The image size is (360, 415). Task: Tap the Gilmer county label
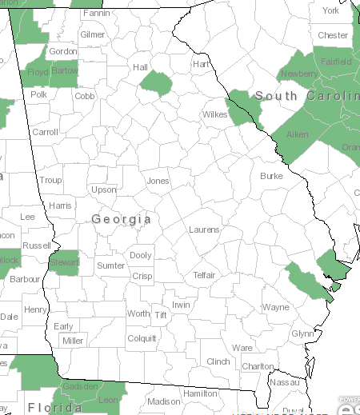point(93,35)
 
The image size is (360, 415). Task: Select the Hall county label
point(141,67)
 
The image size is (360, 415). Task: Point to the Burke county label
point(271,175)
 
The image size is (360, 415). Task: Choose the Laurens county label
point(204,229)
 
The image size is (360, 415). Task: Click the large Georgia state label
point(121,219)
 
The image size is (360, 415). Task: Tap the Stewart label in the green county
point(64,262)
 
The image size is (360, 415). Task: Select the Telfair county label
point(205,275)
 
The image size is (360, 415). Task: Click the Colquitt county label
point(142,338)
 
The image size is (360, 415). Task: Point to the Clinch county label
point(218,361)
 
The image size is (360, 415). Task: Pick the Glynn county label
point(302,333)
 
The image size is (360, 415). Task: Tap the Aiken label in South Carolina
point(297,135)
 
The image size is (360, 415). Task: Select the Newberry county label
point(299,74)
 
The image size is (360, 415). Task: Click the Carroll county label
point(45,132)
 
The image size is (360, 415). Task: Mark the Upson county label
point(103,190)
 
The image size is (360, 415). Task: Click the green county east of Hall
point(156,82)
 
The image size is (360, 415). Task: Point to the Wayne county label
point(276,307)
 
